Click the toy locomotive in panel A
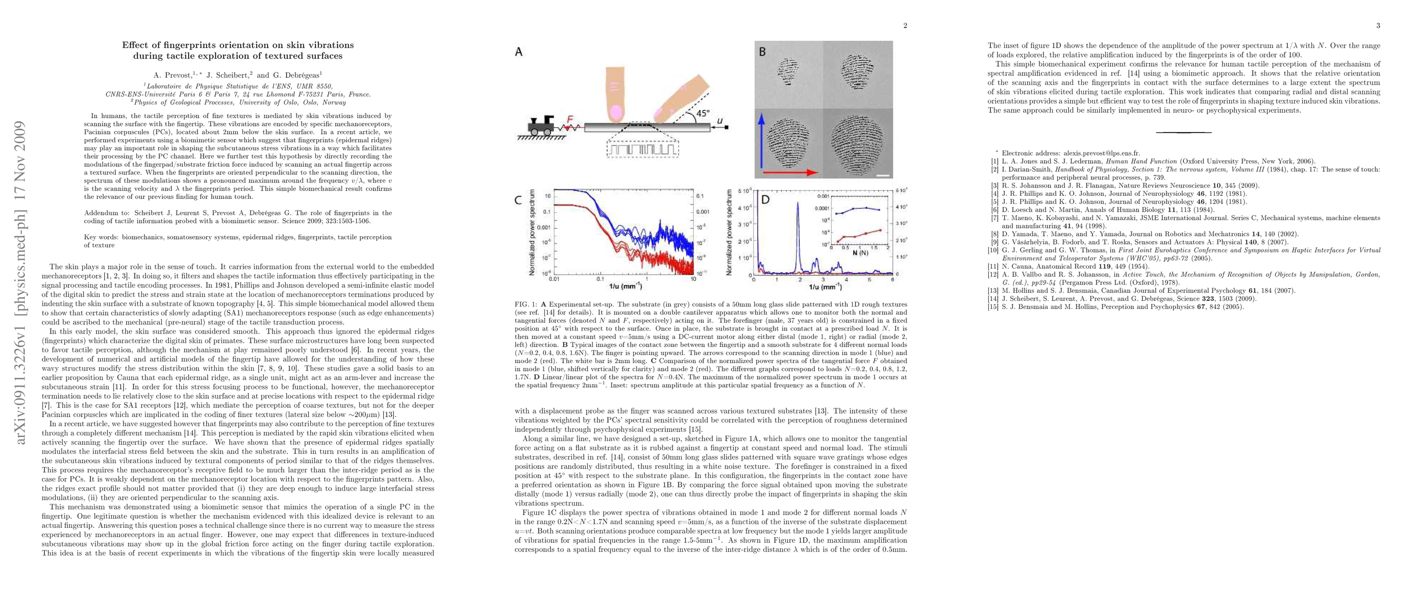click(x=541, y=125)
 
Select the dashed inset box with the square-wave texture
click(x=643, y=149)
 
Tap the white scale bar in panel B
click(x=882, y=175)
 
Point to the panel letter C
click(x=518, y=200)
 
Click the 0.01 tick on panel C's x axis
click(x=554, y=279)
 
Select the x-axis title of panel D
click(x=825, y=287)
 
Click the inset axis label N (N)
click(x=860, y=253)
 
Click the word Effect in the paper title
click(x=135, y=45)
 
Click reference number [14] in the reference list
click(x=994, y=299)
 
